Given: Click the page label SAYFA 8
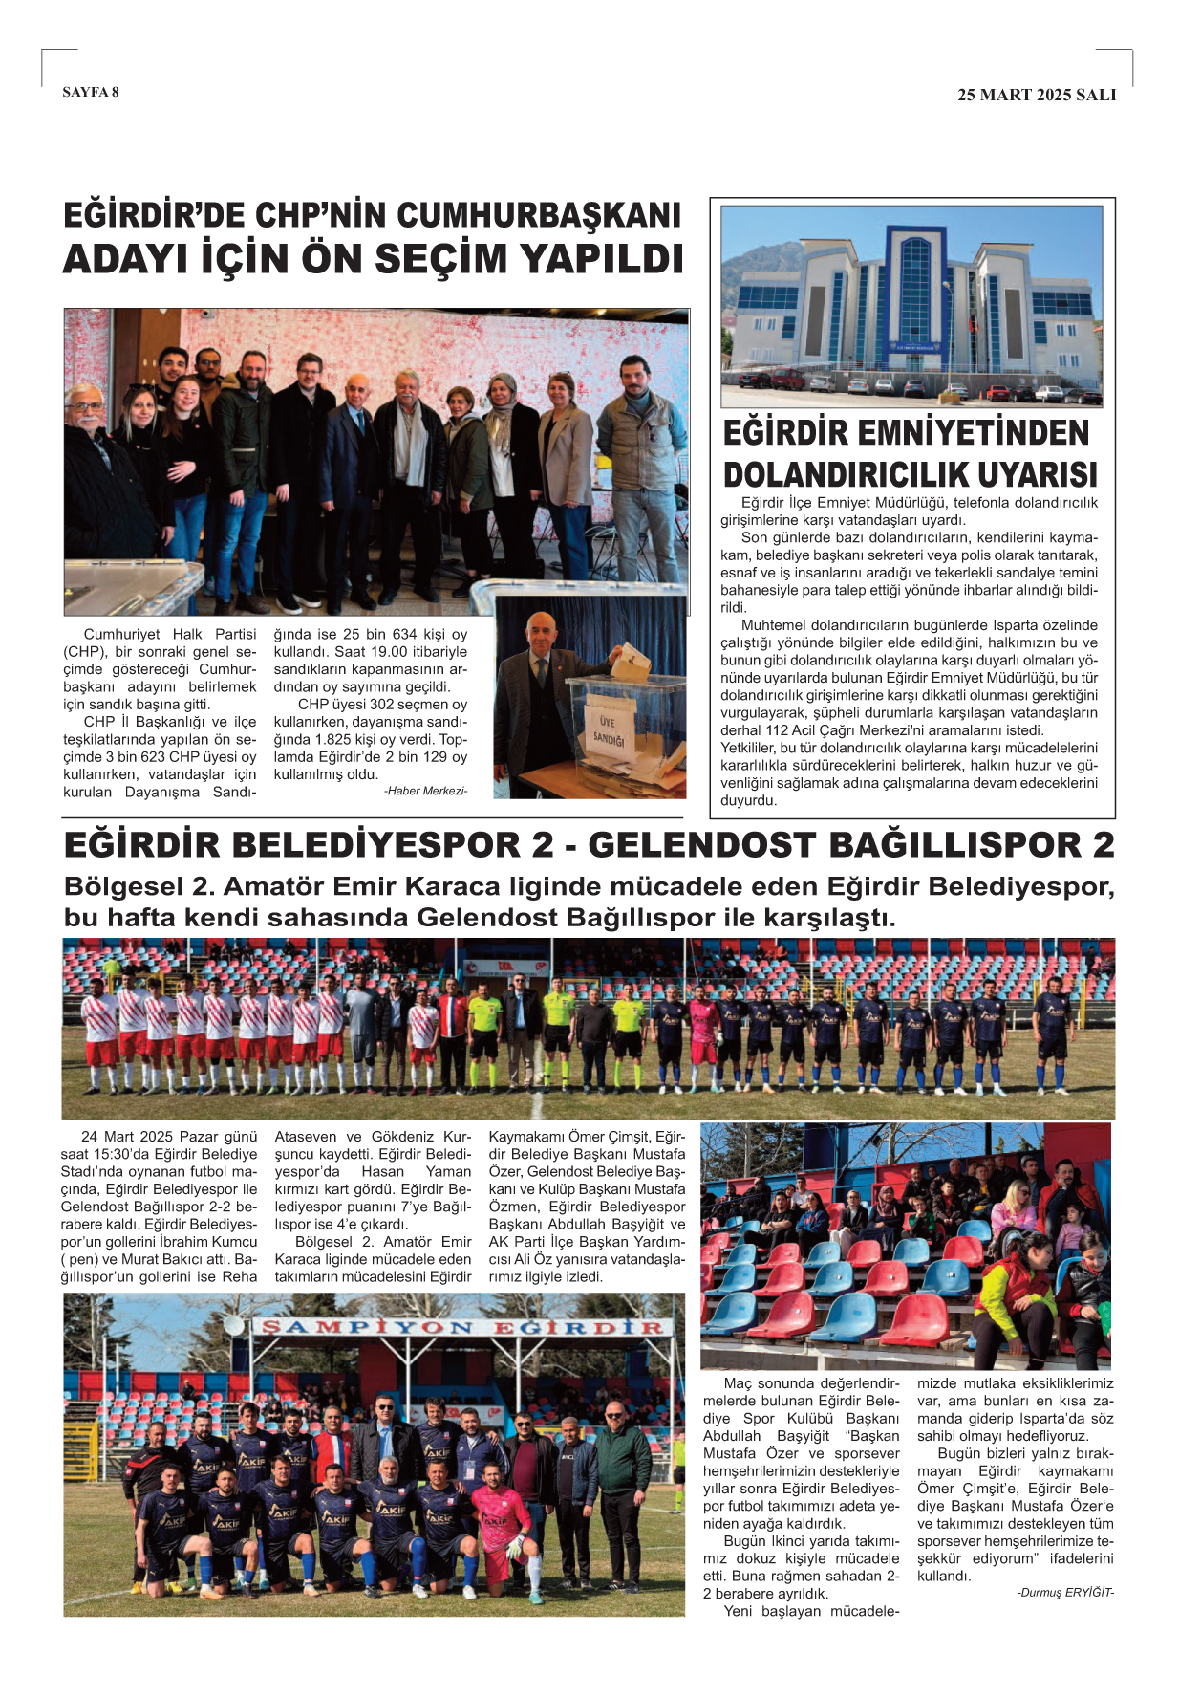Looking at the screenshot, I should [x=91, y=92].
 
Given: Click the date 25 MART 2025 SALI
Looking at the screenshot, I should [x=1037, y=95].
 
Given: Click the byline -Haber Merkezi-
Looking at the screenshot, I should [x=425, y=791].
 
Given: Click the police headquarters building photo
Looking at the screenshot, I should [x=911, y=306].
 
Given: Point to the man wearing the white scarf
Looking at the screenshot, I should [x=411, y=478].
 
